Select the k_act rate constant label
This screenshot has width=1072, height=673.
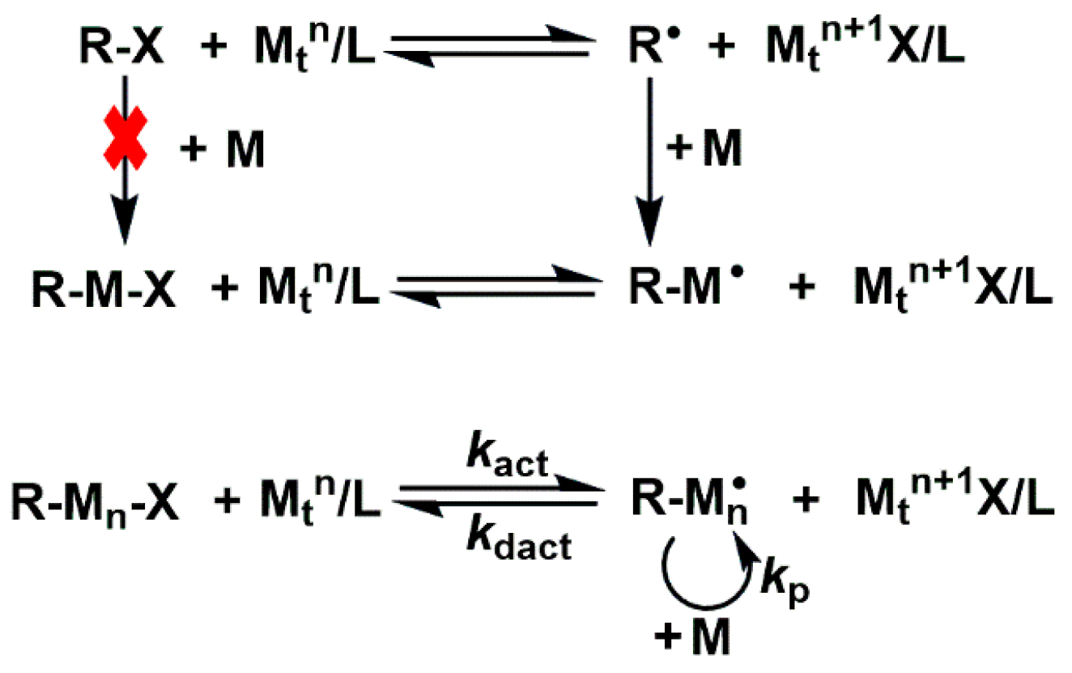coord(508,465)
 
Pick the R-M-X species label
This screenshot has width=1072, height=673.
coord(105,292)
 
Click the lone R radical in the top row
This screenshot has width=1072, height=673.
coord(645,49)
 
